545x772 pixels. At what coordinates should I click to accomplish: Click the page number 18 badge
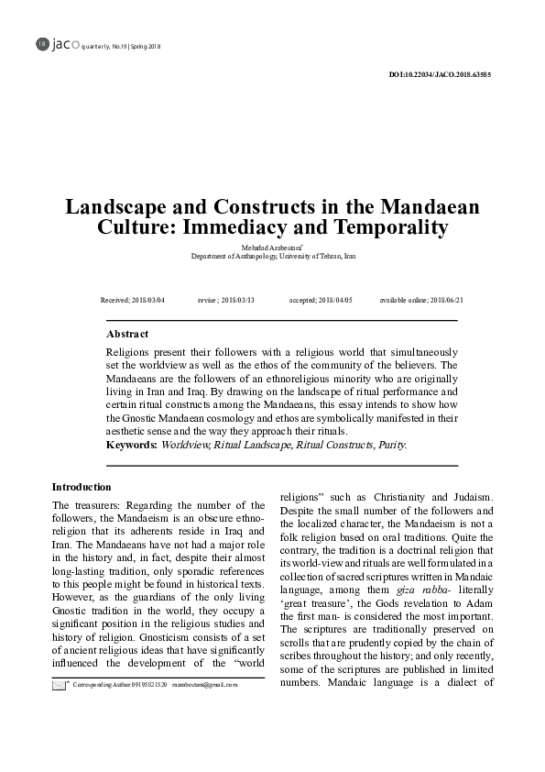pyautogui.click(x=40, y=44)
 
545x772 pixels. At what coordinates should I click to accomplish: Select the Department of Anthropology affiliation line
pyautogui.click(x=272, y=257)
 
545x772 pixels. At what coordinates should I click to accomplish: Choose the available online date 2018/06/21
pyautogui.click(x=439, y=300)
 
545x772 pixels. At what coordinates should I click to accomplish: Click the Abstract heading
pyautogui.click(x=127, y=335)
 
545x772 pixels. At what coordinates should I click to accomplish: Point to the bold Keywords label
pyautogui.click(x=132, y=445)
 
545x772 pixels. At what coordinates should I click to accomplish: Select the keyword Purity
pyautogui.click(x=391, y=445)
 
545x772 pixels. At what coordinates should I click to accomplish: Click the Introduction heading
pyautogui.click(x=82, y=487)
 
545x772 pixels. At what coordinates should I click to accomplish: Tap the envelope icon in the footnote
pyautogui.click(x=59, y=710)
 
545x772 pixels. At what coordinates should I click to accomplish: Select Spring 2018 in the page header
pyautogui.click(x=145, y=46)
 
